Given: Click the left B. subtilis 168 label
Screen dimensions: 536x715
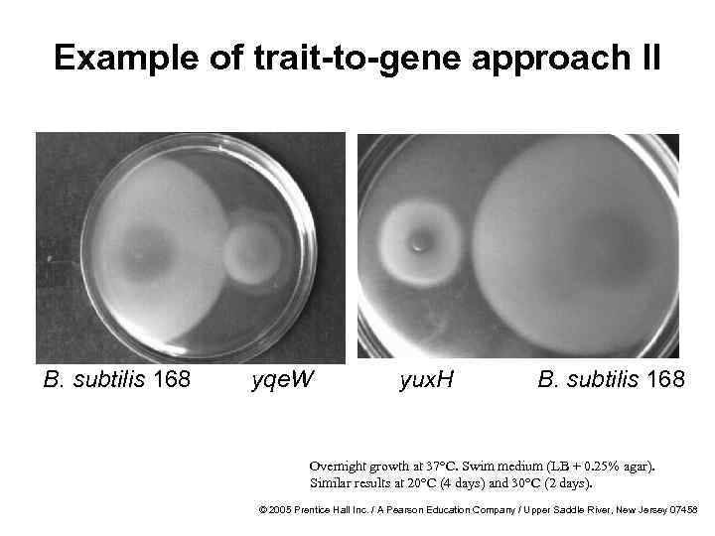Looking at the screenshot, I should click(x=117, y=379).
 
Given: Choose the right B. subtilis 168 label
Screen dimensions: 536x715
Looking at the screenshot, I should click(x=611, y=379).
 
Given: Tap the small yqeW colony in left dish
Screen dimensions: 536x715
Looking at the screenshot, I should click(x=254, y=252).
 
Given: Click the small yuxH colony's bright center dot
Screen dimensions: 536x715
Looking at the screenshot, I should click(x=421, y=241).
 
